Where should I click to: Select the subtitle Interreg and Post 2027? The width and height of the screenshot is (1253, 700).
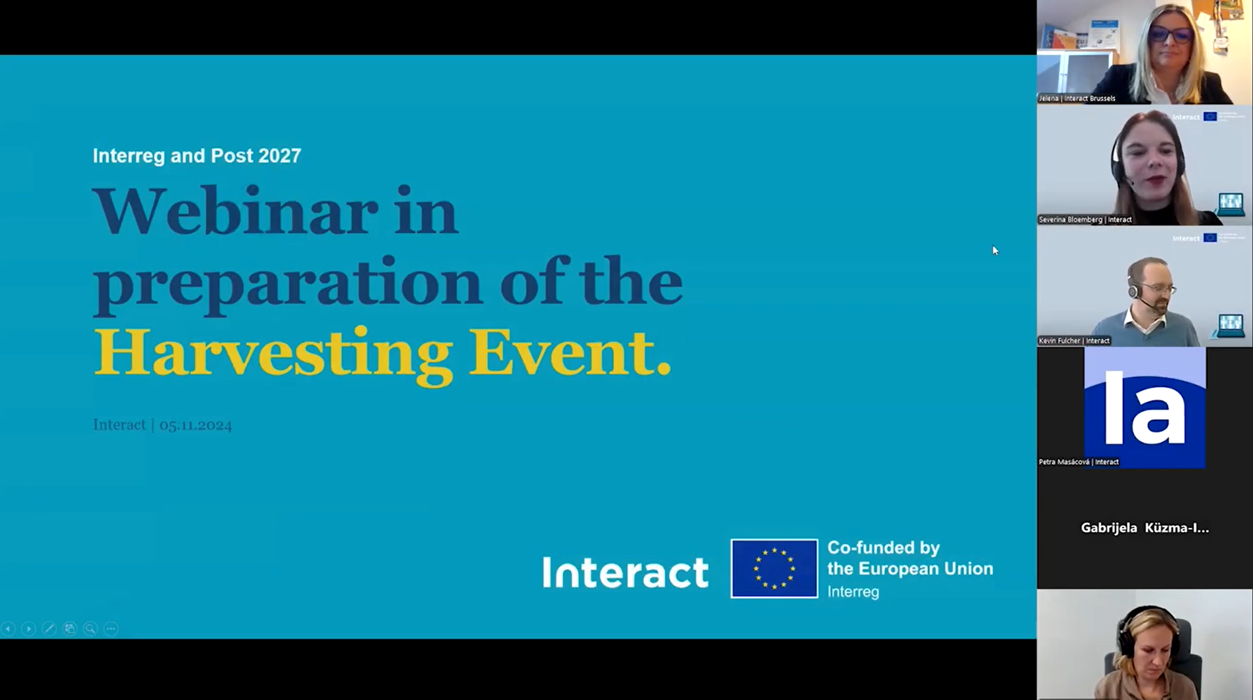(x=197, y=156)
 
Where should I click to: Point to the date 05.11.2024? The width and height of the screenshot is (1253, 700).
(x=196, y=425)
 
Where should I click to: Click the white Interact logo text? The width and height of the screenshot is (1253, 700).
(x=625, y=572)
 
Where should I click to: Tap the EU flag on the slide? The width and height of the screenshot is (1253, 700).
(x=774, y=569)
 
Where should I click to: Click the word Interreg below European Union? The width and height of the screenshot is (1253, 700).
(x=853, y=592)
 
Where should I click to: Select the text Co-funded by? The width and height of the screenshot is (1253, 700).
(x=884, y=548)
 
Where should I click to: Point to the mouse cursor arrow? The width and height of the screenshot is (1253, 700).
(x=995, y=250)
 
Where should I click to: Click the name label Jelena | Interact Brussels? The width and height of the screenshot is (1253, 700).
(x=1077, y=99)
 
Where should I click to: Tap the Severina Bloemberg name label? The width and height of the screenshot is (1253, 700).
(x=1085, y=220)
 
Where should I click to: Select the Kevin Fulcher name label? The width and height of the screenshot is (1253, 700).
(x=1074, y=341)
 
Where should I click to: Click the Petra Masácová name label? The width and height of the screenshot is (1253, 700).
(x=1078, y=462)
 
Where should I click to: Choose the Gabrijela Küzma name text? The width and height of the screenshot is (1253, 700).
(x=1144, y=528)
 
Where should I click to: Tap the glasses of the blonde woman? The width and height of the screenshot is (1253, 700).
(x=1171, y=34)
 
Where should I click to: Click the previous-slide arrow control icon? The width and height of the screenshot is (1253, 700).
(x=9, y=629)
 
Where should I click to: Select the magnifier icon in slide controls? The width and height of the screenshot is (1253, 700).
(x=90, y=629)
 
